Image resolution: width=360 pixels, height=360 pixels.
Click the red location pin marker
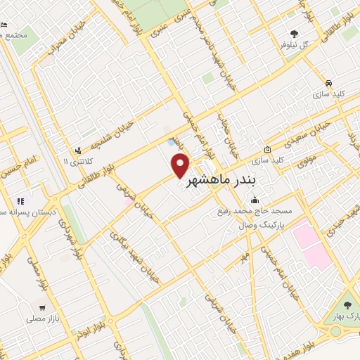pos(181,166)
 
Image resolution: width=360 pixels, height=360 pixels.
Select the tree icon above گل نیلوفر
pos(294,33)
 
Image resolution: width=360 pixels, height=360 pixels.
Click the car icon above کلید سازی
pos(320,80)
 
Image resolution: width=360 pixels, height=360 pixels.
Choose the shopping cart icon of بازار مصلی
pos(43,307)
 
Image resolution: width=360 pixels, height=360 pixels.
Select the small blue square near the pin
pos(172,143)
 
